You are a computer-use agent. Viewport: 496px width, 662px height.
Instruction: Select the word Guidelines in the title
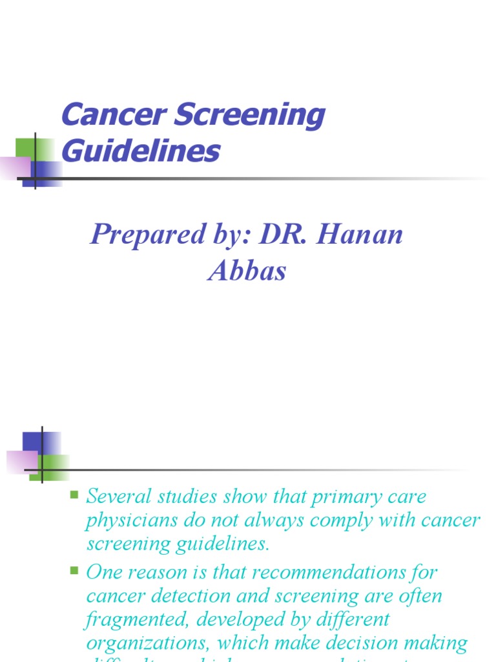tap(141, 152)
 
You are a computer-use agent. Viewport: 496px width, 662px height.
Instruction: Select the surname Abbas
tap(247, 270)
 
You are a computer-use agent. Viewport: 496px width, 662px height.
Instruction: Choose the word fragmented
tap(136, 620)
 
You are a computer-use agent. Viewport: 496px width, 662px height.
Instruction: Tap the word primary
tap(347, 498)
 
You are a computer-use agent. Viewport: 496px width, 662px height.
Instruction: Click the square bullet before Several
tap(74, 496)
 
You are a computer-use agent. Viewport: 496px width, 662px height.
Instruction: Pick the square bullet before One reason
tap(74, 571)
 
